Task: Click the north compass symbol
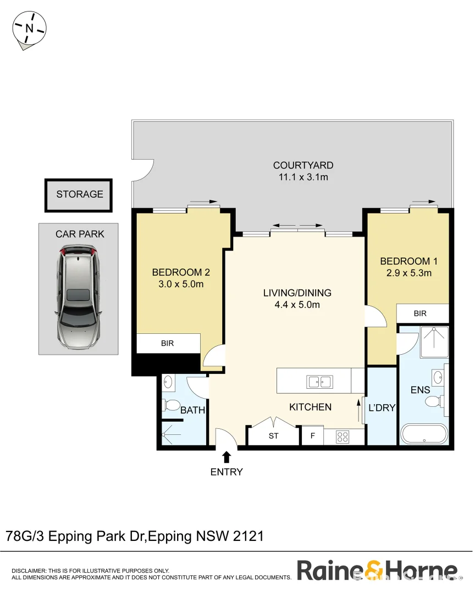(30, 29)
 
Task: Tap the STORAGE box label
(79, 194)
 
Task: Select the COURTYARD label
(303, 165)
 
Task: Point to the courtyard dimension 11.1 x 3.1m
(303, 177)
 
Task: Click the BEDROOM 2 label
(181, 272)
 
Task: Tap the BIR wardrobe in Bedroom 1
(420, 314)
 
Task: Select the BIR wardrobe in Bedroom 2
(168, 344)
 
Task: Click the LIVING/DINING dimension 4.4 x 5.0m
(297, 305)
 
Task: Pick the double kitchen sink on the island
(319, 381)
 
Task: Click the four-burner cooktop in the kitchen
(343, 437)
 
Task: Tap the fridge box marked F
(312, 437)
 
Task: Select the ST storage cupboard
(273, 437)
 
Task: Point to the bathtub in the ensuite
(424, 434)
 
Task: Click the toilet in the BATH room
(172, 406)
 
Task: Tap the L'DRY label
(382, 408)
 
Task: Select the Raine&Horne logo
(377, 570)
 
